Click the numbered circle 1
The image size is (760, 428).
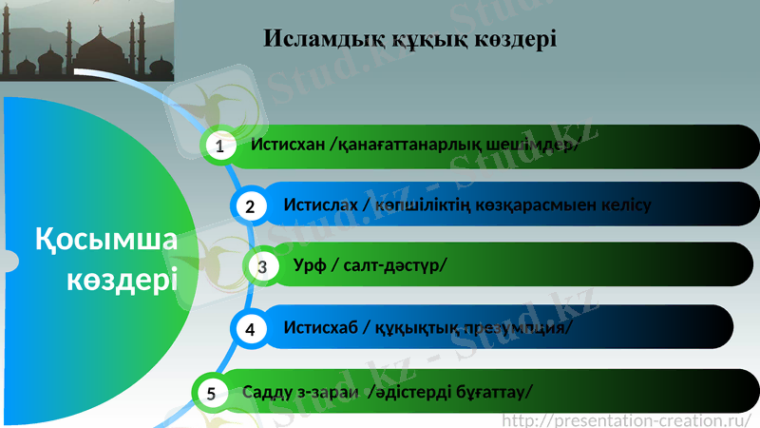219,146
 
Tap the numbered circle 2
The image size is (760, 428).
250,205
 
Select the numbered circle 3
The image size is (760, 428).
261,266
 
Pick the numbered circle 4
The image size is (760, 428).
250,329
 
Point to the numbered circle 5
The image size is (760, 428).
212,391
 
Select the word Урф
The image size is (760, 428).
310,265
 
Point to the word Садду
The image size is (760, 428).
266,391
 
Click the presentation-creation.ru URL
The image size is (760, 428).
627,418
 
